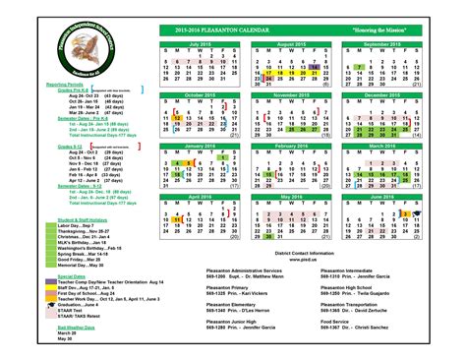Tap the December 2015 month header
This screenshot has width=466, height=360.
click(x=384, y=94)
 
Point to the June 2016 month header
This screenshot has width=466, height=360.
click(x=384, y=195)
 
